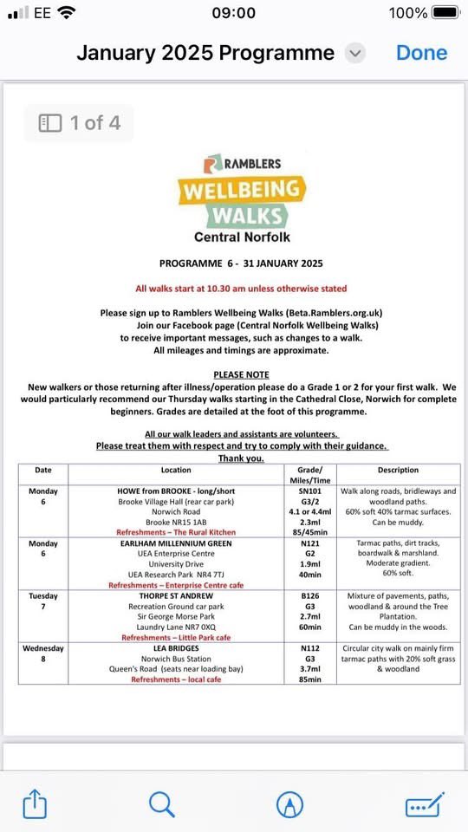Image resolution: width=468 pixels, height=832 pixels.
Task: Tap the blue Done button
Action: pos(421,53)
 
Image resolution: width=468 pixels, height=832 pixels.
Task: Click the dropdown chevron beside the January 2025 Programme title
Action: pos(355,53)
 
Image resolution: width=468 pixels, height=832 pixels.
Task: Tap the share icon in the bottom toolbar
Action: pos(35,804)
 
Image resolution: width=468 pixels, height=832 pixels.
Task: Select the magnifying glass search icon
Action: pos(162,804)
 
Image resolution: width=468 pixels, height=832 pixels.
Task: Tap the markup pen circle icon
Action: pos(289,804)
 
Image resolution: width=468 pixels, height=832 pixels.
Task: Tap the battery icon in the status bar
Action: pos(445,13)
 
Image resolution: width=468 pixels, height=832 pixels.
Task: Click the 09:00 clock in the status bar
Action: pos(233,13)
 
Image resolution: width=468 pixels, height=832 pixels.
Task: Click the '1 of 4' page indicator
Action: pos(80,123)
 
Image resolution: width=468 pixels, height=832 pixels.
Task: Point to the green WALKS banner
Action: pos(245,214)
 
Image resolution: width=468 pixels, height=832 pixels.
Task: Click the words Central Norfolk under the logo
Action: pos(243,237)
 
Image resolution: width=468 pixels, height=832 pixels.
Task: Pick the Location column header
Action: pos(176,470)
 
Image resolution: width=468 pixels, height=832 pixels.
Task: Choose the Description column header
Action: pos(398,470)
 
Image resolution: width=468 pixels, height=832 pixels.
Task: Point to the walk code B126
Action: pos(309,596)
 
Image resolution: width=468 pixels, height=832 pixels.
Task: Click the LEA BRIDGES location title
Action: pos(176,648)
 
